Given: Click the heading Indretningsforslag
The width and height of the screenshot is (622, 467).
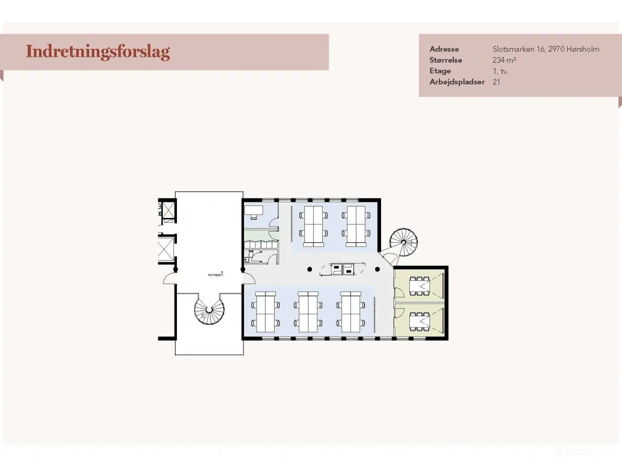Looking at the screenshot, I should [x=98, y=52].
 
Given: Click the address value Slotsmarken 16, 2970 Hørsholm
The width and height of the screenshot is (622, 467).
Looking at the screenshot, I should [x=546, y=49].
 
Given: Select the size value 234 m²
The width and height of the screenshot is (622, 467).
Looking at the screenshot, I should [x=504, y=60].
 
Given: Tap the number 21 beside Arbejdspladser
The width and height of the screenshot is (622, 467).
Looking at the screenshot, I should [x=496, y=82].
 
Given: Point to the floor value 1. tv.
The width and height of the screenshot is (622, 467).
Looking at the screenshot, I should [x=500, y=71].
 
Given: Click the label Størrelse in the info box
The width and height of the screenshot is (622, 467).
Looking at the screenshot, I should [x=446, y=60].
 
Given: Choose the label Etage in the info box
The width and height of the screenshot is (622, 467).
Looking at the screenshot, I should [x=440, y=71].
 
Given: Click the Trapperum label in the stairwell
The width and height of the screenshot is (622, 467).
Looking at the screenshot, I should [x=215, y=275].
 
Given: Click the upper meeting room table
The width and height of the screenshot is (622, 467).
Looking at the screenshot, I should [x=419, y=286].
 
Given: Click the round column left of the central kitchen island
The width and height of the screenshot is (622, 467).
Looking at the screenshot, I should [x=310, y=269].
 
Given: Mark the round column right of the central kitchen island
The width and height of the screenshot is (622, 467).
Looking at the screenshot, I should [x=377, y=269].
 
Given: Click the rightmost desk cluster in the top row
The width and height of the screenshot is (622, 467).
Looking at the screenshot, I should [x=356, y=226].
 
